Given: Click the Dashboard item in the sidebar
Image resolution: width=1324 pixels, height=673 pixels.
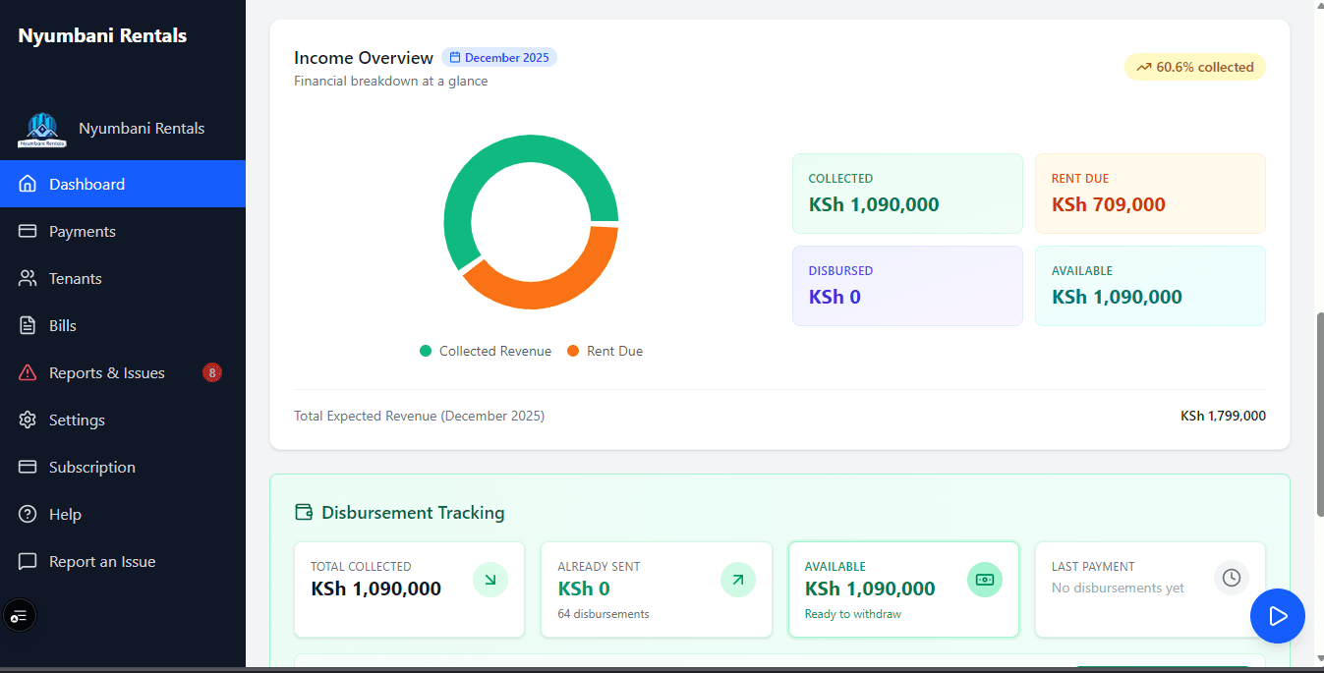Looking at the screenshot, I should (x=86, y=185).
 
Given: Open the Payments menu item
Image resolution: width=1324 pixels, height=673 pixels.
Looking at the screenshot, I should (x=83, y=232).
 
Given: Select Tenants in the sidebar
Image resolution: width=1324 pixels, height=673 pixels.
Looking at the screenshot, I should (x=76, y=279).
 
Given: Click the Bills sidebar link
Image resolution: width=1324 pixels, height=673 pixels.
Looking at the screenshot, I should (x=63, y=326).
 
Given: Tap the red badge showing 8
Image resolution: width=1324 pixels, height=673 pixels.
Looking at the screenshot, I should (x=212, y=372).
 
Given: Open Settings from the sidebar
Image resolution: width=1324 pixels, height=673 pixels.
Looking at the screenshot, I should (x=77, y=421).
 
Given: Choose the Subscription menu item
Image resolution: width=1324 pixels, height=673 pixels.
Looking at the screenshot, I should (x=92, y=468).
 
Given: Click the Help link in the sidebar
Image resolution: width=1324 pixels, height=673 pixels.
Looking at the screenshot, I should (x=65, y=515).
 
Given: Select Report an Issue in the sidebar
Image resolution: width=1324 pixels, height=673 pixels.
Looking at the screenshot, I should (x=102, y=562).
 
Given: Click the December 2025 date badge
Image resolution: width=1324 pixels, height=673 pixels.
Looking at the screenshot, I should (x=499, y=58).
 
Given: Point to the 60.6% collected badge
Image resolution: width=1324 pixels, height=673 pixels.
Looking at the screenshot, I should (x=1194, y=68).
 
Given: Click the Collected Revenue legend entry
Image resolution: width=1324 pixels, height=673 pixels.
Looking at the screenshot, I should (x=486, y=352).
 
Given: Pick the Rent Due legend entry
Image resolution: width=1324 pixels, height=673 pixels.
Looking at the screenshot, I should (x=604, y=352).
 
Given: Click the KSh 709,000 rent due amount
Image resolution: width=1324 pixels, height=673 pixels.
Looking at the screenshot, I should (x=1108, y=205).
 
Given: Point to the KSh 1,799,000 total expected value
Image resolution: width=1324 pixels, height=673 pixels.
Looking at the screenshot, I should (x=1223, y=417).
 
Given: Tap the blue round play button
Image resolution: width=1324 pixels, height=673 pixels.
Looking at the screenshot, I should (x=1277, y=616).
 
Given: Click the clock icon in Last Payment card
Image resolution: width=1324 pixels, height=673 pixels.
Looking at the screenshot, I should (x=1231, y=578).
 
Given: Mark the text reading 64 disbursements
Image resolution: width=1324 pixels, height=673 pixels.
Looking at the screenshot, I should (x=603, y=614).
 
